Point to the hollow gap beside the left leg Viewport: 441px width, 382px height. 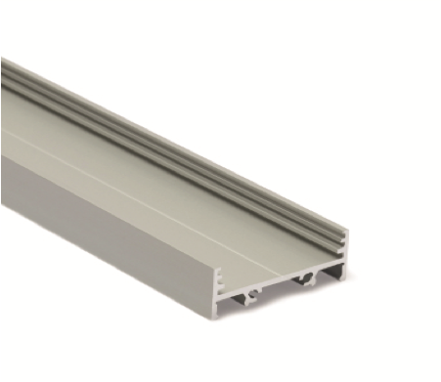pos(239,301)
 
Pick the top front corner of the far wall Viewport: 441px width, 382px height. pos(345,231)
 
